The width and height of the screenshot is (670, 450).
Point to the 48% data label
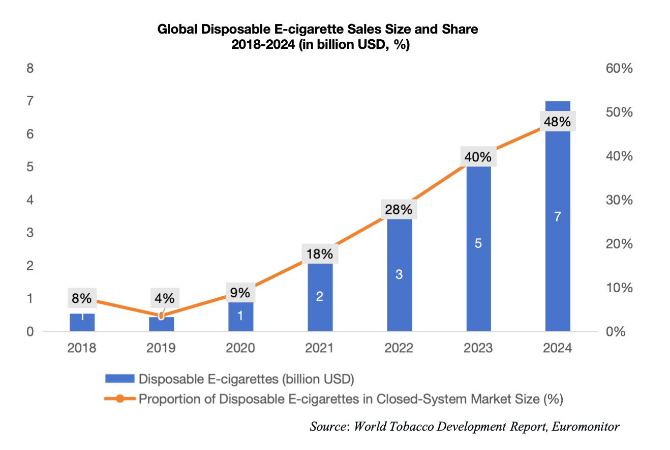pos(558,122)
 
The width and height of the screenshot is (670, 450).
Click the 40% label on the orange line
pos(478,157)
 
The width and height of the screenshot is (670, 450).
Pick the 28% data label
pos(399,209)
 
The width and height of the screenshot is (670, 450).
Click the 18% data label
pos(320,254)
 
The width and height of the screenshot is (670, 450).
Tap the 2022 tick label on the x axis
pos(399,348)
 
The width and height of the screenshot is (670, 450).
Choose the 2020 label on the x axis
pos(240,348)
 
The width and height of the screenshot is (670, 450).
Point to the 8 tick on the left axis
pos(31,68)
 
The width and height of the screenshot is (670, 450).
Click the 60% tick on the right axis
pos(620,68)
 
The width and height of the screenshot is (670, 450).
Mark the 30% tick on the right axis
pos(620,200)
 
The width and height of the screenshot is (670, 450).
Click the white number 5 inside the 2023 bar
pos(478,243)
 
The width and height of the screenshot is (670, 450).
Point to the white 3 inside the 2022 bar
pos(399,274)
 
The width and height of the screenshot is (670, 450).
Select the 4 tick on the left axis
pos(31,200)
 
